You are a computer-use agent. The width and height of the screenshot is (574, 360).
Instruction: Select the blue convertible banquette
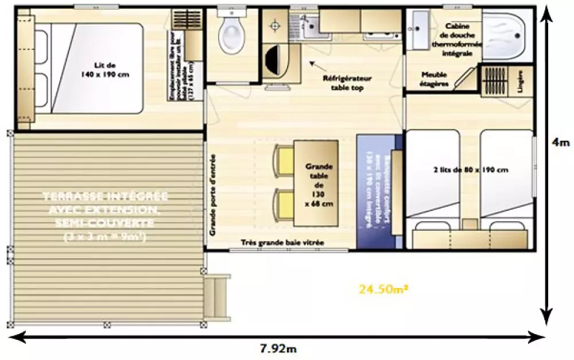click(x=376, y=191)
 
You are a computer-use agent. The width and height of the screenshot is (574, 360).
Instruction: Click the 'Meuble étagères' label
click(x=435, y=79)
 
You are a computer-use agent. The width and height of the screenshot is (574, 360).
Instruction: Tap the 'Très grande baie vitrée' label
click(x=282, y=243)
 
